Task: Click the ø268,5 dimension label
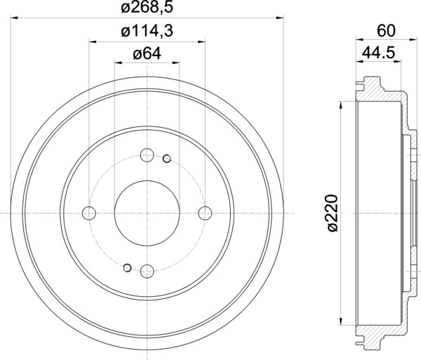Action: pyautogui.click(x=147, y=7)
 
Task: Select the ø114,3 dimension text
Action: pyautogui.click(x=147, y=31)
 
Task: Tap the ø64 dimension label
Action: pyautogui.click(x=147, y=54)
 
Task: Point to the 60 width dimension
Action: pyautogui.click(x=386, y=31)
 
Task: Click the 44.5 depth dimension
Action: pyautogui.click(x=379, y=53)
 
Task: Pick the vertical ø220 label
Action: pyautogui.click(x=333, y=213)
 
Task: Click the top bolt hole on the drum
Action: pyautogui.click(x=147, y=155)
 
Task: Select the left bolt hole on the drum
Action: pyautogui.click(x=89, y=213)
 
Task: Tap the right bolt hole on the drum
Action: pyautogui.click(x=205, y=213)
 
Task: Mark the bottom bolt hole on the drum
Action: pyautogui.click(x=147, y=271)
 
